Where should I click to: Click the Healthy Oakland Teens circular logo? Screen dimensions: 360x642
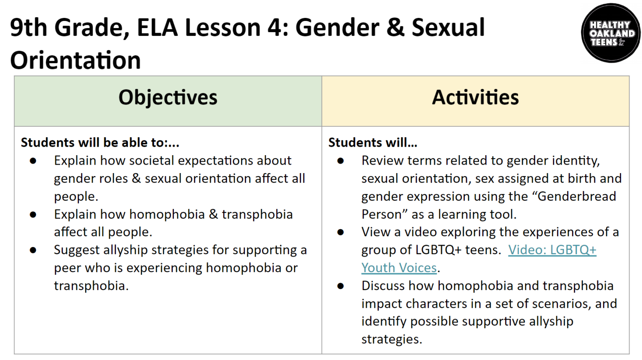click(x=611, y=33)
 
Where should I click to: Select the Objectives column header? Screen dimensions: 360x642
click(x=168, y=97)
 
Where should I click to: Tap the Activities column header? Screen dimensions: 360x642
click(x=475, y=97)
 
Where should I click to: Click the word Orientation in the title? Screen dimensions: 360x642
click(x=75, y=60)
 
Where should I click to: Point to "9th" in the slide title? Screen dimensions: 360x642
click(x=28, y=28)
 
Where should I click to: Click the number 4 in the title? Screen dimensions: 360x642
click(x=275, y=28)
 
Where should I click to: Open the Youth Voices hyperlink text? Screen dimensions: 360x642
click(x=399, y=268)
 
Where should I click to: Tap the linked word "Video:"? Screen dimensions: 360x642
click(x=527, y=250)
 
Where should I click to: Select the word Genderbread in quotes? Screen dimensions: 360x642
click(x=577, y=196)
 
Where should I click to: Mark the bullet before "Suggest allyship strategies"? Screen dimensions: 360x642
click(x=33, y=250)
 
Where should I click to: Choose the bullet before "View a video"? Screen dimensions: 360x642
click(x=341, y=232)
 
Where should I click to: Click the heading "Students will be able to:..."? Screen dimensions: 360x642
click(x=100, y=143)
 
